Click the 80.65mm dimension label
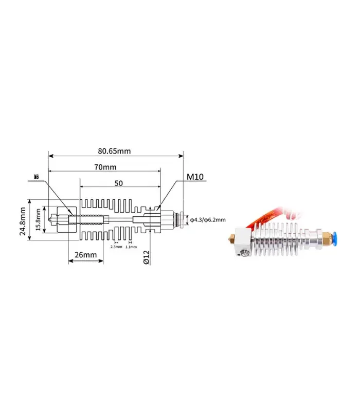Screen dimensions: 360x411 (x=114, y=151)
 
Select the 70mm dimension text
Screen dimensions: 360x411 (x=105, y=167)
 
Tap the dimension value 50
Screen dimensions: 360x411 (x=119, y=183)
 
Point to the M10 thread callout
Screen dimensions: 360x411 (x=195, y=177)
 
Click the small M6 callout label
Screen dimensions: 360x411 (x=37, y=177)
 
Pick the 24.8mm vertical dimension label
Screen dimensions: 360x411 (x=23, y=221)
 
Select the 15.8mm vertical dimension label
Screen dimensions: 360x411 (x=38, y=220)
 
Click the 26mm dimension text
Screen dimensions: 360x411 (x=85, y=254)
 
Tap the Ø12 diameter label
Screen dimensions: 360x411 (x=147, y=257)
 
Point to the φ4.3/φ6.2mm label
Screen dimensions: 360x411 (x=208, y=220)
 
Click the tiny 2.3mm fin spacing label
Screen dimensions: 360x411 (x=116, y=247)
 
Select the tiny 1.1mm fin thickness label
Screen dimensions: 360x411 (x=131, y=247)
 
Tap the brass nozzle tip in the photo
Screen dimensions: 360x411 (x=231, y=239)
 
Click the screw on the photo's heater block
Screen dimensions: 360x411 (x=245, y=253)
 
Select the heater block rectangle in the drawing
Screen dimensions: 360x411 (x=67, y=220)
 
